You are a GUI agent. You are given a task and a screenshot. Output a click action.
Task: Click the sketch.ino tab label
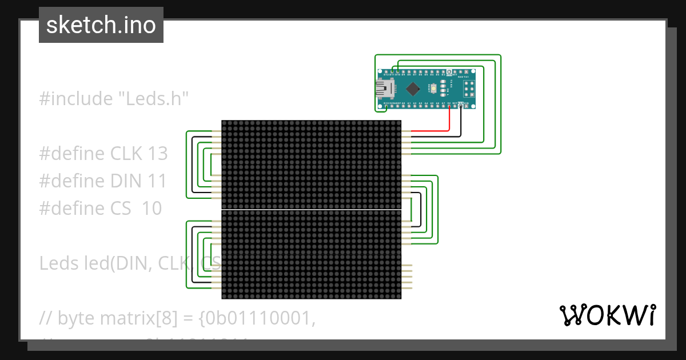[101, 25]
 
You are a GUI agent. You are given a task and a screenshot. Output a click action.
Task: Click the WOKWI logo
[607, 315]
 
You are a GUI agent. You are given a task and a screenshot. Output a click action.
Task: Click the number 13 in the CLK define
[157, 153]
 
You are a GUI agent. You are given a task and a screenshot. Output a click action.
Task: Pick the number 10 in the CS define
[151, 208]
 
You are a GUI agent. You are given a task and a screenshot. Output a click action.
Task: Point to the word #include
[76, 98]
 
